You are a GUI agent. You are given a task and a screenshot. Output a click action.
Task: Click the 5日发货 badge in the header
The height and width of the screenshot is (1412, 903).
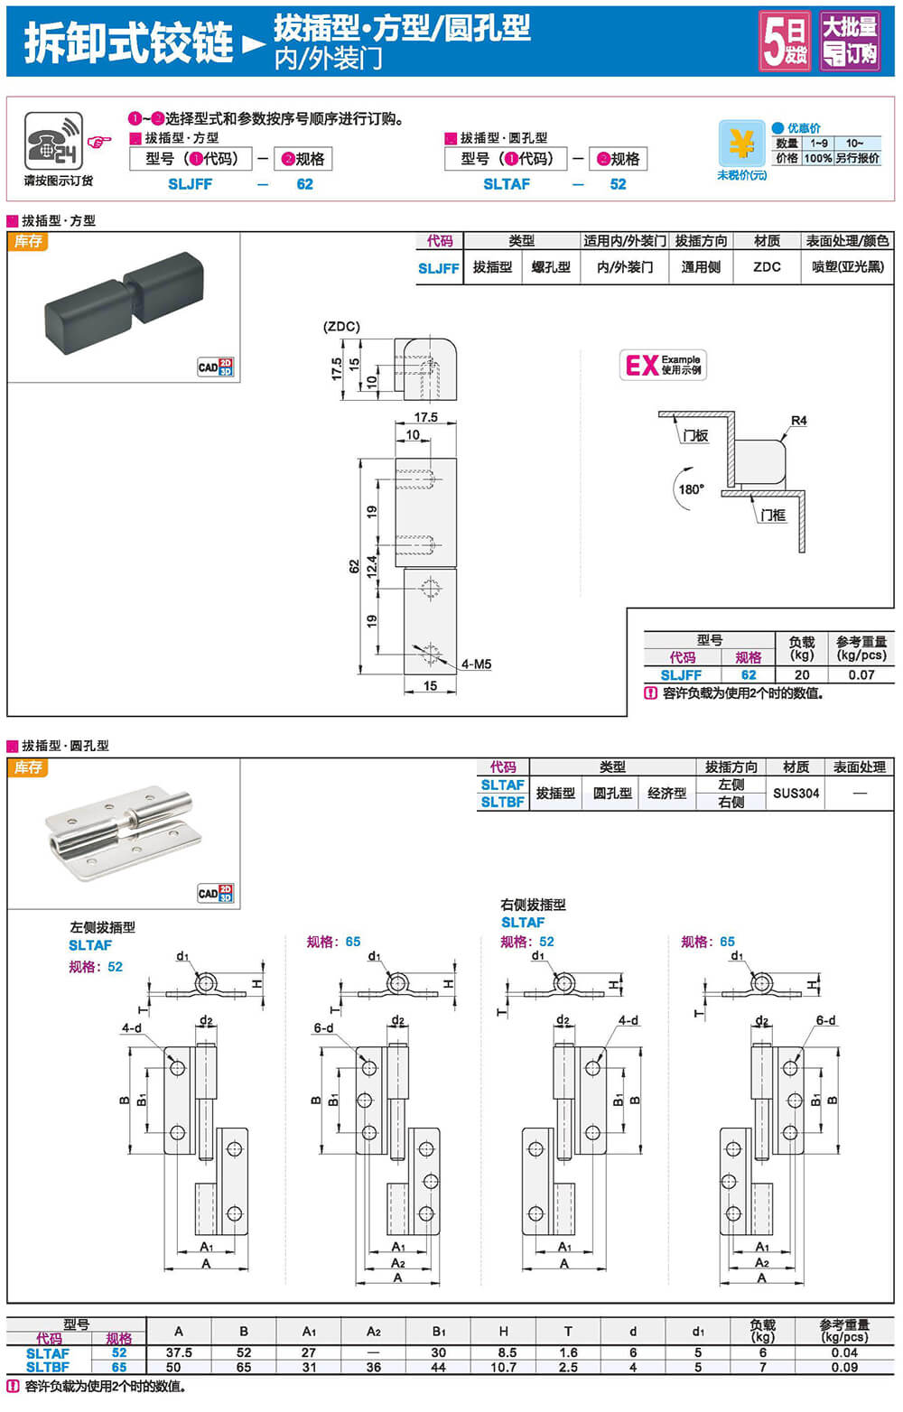pyautogui.click(x=785, y=42)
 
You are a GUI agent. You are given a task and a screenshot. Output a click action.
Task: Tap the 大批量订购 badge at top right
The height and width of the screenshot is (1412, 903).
pyautogui.click(x=849, y=42)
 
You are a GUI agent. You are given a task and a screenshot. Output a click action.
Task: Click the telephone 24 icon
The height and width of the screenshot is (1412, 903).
pyautogui.click(x=54, y=142)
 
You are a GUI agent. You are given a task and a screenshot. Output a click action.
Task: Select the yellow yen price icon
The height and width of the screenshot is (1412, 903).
pyautogui.click(x=741, y=144)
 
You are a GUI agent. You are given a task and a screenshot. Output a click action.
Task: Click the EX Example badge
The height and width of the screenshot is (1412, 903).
pyautogui.click(x=663, y=365)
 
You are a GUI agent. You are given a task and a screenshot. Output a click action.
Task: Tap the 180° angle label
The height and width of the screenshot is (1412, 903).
pyautogui.click(x=691, y=489)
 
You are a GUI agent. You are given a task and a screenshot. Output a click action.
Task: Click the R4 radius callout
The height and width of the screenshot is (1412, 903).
pyautogui.click(x=798, y=421)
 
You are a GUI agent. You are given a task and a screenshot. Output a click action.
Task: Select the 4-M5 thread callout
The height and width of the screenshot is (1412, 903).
pyautogui.click(x=476, y=664)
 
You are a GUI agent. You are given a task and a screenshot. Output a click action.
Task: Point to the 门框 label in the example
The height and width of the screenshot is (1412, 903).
pyautogui.click(x=772, y=515)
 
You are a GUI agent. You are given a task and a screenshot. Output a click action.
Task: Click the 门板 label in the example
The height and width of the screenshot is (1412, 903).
pyautogui.click(x=695, y=435)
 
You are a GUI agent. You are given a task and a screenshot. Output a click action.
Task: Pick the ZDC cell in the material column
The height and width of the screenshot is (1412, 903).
pyautogui.click(x=767, y=267)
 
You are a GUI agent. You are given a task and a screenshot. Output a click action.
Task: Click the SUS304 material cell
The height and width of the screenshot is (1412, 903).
pyautogui.click(x=796, y=794)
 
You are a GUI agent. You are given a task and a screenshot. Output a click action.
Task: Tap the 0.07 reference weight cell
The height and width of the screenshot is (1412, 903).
pyautogui.click(x=861, y=674)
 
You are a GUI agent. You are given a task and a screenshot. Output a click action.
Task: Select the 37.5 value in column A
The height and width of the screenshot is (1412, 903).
pyautogui.click(x=179, y=1352)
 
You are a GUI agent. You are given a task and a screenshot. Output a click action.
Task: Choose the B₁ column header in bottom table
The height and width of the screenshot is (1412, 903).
pyautogui.click(x=439, y=1332)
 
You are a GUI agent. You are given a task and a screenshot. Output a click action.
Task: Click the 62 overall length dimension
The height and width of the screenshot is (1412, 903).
pyautogui.click(x=353, y=566)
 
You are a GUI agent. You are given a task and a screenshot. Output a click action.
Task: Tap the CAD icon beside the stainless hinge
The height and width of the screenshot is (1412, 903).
pyautogui.click(x=215, y=894)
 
